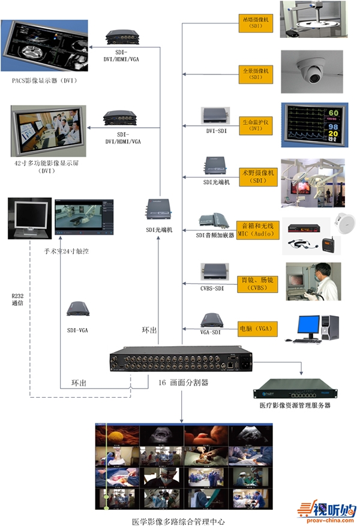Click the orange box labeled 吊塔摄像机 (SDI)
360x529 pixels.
(x=256, y=23)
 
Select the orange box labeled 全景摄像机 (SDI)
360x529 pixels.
(x=256, y=74)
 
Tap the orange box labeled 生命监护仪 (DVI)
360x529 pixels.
(x=256, y=124)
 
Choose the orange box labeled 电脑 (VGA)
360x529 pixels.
(x=256, y=329)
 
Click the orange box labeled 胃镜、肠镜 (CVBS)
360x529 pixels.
(x=256, y=284)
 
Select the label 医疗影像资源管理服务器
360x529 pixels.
(x=295, y=405)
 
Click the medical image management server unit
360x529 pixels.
(x=295, y=389)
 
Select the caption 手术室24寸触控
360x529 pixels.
(x=67, y=251)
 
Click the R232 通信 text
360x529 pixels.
(x=17, y=300)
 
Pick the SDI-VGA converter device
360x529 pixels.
(x=78, y=309)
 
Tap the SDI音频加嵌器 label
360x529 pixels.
(x=215, y=235)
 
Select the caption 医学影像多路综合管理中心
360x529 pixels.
(x=179, y=521)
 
